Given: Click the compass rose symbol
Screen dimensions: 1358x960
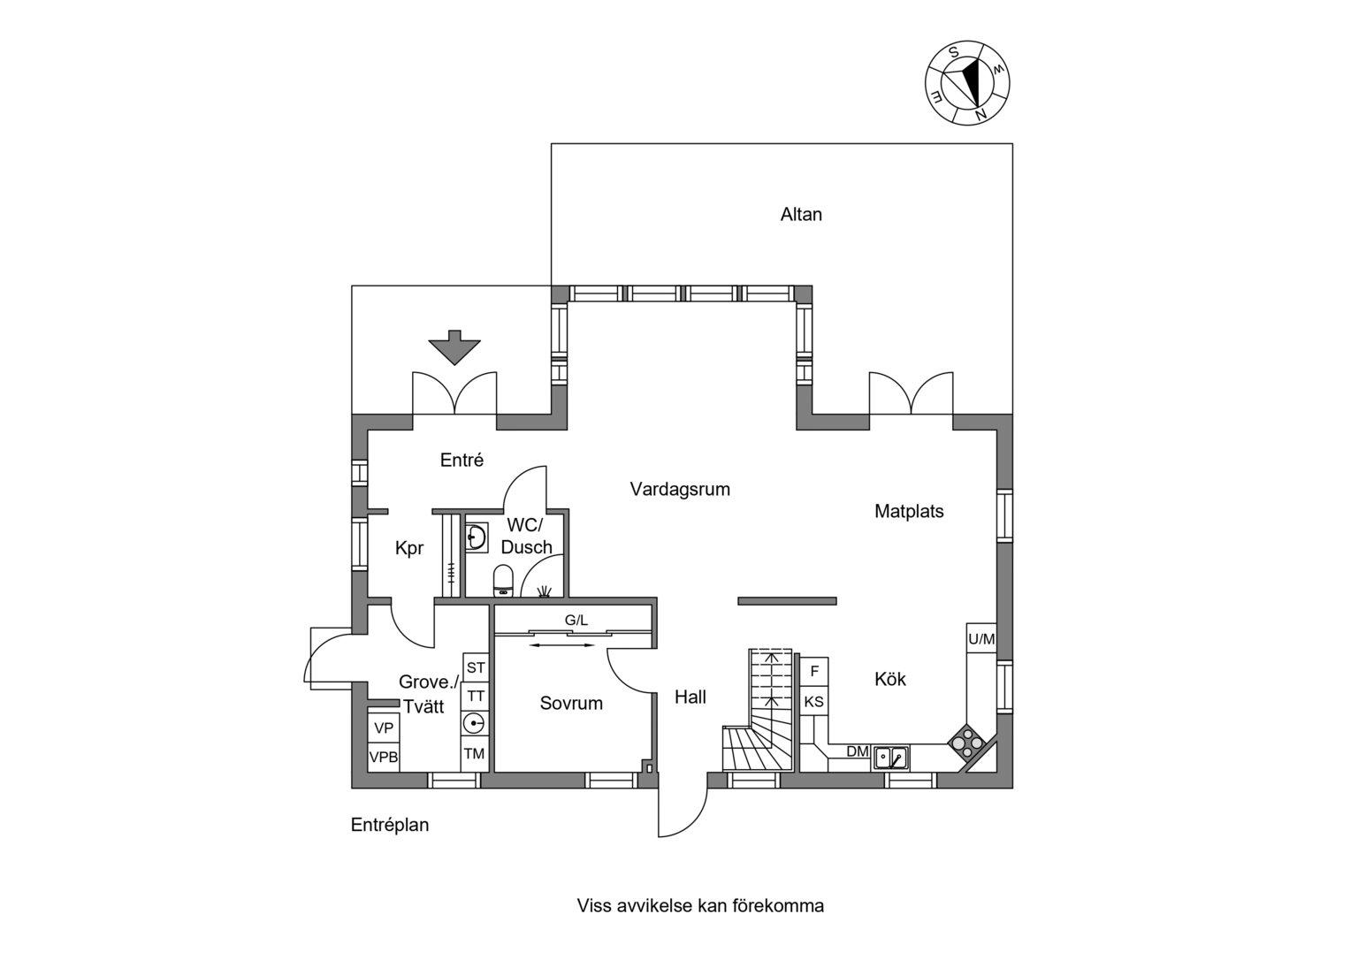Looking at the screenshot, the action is click(x=967, y=83).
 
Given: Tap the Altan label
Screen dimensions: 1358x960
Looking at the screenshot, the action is click(x=801, y=215).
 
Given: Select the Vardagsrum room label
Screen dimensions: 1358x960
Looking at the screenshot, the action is click(x=680, y=489).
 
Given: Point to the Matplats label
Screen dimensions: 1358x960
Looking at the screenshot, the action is click(x=909, y=511).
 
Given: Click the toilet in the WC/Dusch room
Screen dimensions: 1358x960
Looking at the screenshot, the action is click(x=503, y=581).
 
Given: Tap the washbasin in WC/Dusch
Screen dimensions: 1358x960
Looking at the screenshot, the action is click(x=477, y=537).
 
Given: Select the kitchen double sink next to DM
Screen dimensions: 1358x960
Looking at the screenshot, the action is click(x=890, y=758).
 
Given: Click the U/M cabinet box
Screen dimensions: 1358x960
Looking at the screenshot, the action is click(x=981, y=638).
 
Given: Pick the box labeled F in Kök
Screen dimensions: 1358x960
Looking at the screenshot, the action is click(x=815, y=671).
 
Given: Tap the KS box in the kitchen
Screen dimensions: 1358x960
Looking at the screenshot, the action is click(x=814, y=701).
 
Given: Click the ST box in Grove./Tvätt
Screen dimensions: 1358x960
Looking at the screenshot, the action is click(x=476, y=667).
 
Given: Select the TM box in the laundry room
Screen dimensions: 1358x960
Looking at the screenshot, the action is click(x=475, y=753).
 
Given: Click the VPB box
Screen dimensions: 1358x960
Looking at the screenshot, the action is click(x=384, y=757).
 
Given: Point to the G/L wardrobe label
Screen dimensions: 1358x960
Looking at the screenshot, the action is click(x=576, y=620).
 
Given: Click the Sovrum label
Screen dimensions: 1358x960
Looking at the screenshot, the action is click(x=571, y=703).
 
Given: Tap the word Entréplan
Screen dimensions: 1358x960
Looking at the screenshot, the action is click(x=390, y=825).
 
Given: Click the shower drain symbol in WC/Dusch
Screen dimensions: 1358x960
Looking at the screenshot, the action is click(x=544, y=590).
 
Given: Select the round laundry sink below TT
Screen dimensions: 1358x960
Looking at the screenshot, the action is click(x=474, y=723).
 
